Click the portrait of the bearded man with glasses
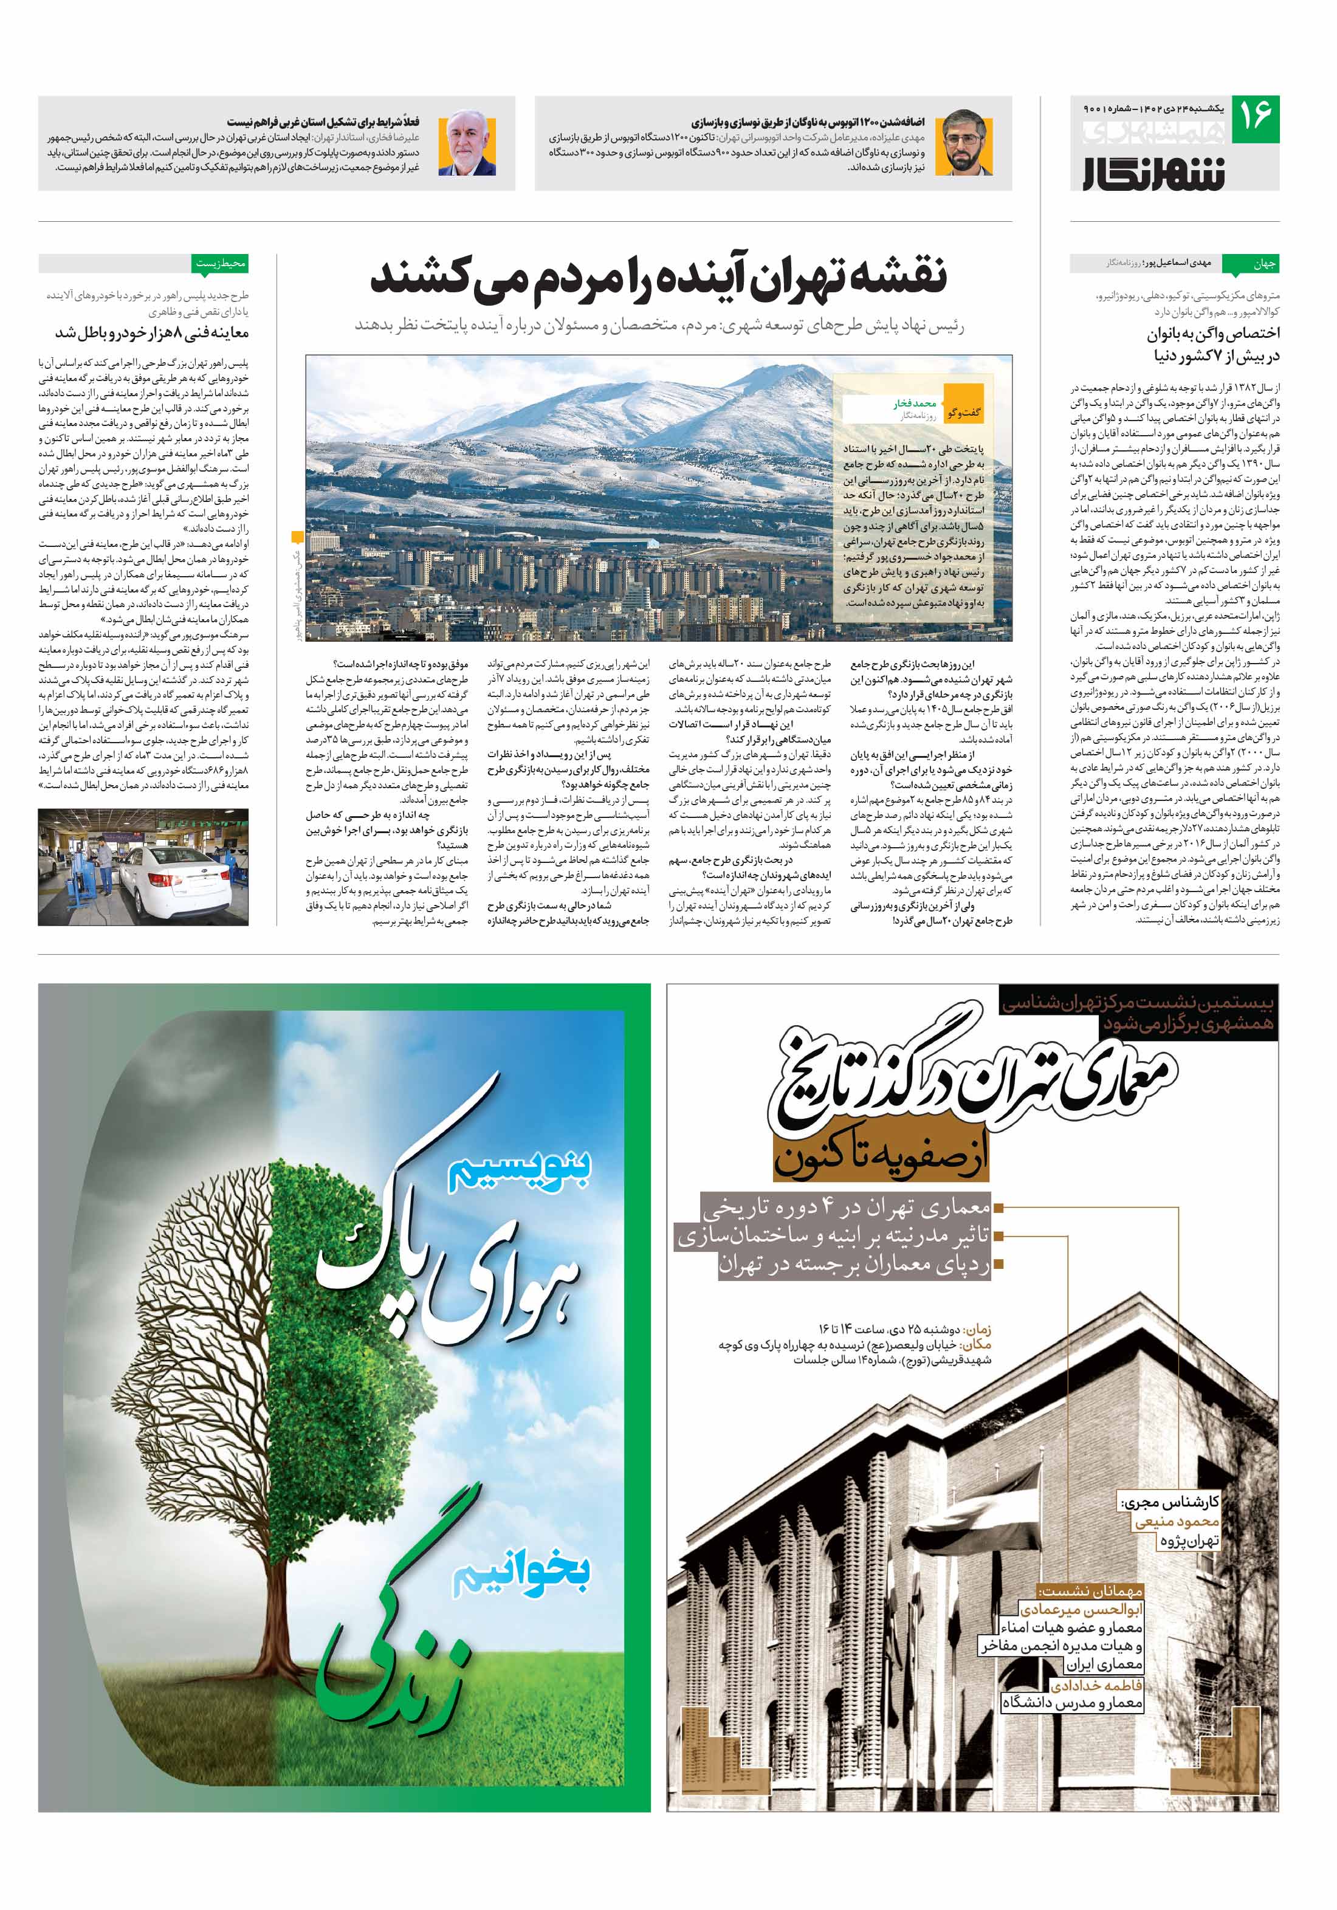963,143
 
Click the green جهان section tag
1264,264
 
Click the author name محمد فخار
915,404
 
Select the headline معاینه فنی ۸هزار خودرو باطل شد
153,333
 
